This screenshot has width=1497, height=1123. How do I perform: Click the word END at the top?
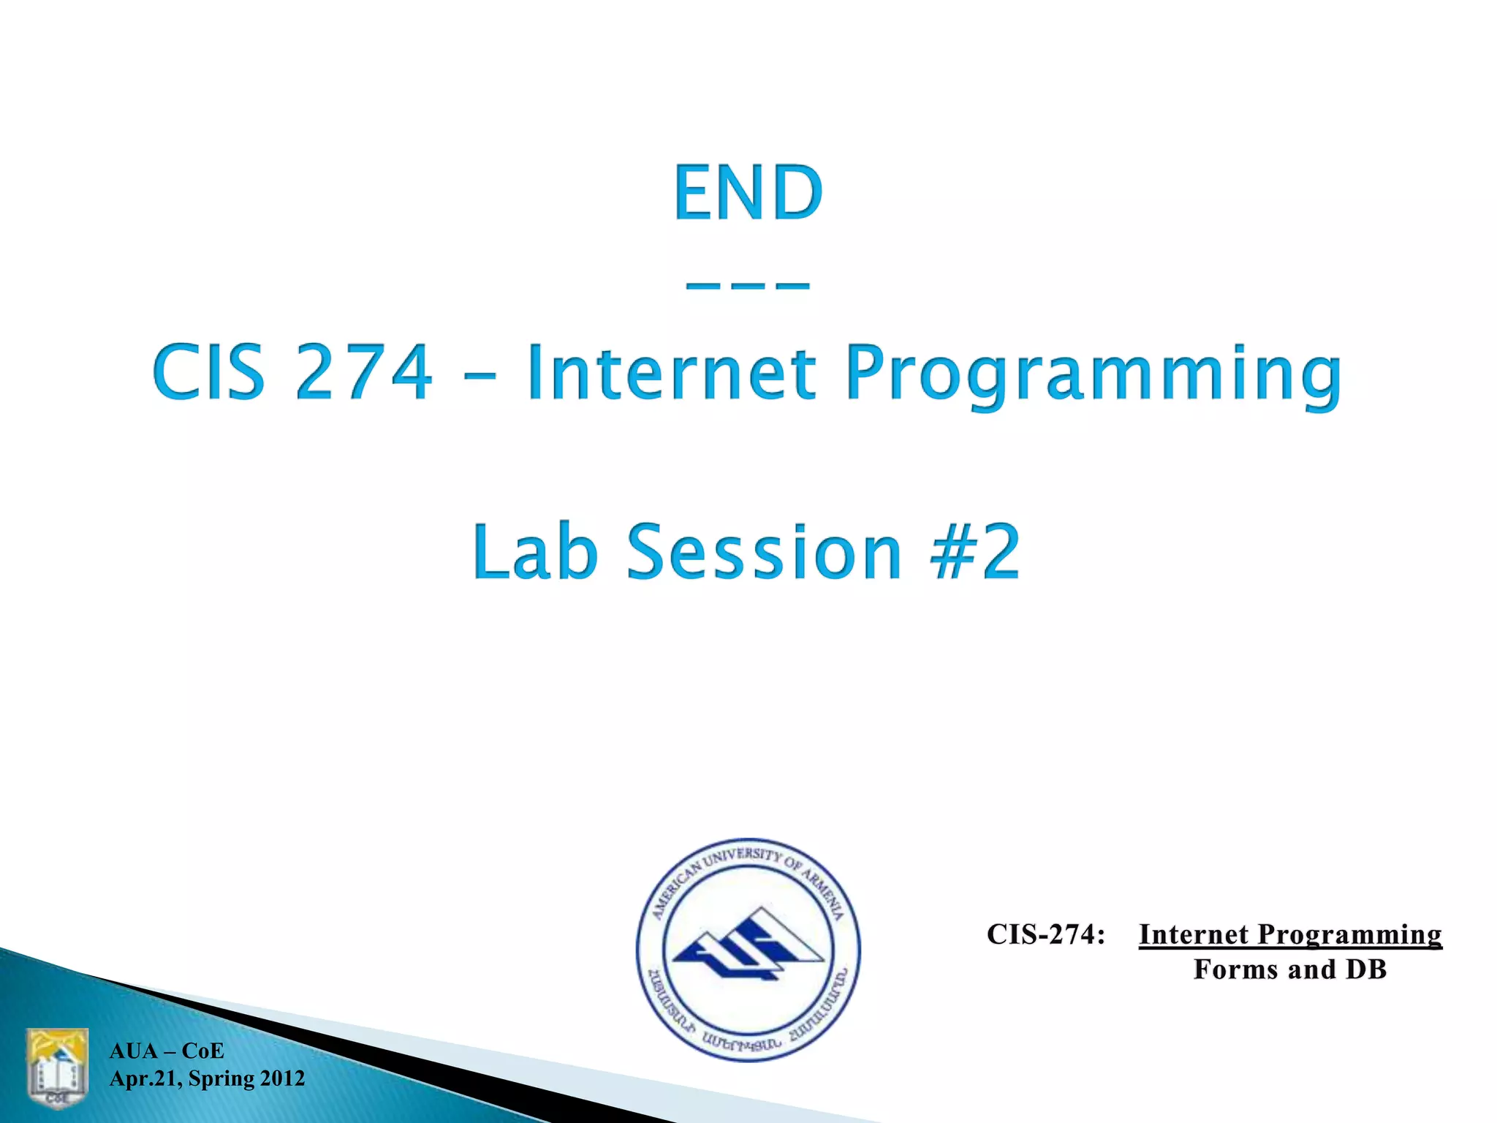tap(748, 192)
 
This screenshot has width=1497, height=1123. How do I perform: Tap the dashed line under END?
tap(748, 286)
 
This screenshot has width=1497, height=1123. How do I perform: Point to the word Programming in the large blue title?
tap(1093, 374)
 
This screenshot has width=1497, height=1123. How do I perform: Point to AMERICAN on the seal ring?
tap(676, 888)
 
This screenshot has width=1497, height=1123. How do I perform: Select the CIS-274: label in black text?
tap(1045, 934)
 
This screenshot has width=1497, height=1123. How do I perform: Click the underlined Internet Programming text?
tap(1290, 934)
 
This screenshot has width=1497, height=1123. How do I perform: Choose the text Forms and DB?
tap(1290, 969)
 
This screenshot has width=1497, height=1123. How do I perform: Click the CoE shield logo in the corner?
tap(58, 1068)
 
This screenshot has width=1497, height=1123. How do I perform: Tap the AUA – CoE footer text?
tap(167, 1051)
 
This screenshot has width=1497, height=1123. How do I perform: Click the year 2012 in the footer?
tap(282, 1079)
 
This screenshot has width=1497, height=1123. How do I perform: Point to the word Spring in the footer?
tap(221, 1079)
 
